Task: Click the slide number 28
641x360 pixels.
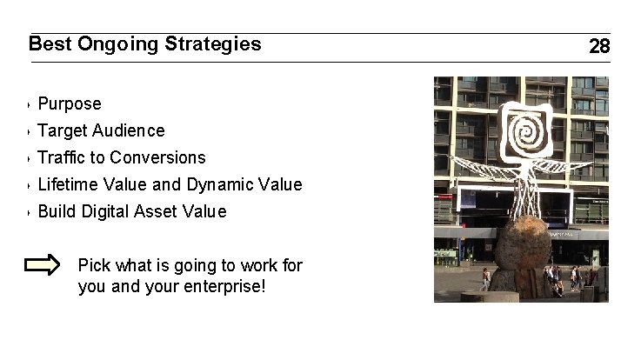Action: click(x=599, y=47)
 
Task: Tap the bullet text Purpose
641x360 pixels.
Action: click(x=70, y=104)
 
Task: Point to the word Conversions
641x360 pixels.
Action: click(x=157, y=158)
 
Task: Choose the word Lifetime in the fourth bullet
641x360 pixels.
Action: click(x=68, y=185)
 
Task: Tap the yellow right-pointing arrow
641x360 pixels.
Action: click(x=42, y=265)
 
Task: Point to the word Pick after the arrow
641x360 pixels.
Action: click(x=93, y=264)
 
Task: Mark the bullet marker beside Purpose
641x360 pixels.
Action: click(x=30, y=105)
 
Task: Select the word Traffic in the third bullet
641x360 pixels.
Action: click(x=60, y=158)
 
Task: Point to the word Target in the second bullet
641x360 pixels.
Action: click(x=63, y=131)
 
